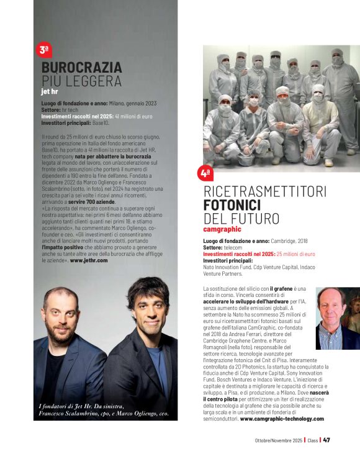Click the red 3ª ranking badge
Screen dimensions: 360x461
[44, 50]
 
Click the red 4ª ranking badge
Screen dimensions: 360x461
[205, 173]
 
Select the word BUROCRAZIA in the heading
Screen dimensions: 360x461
[81, 68]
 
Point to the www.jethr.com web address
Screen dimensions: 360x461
[89, 260]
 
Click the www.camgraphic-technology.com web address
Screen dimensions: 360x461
[282, 419]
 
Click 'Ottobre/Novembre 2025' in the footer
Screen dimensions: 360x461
[277, 440]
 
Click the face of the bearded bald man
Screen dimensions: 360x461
[61, 310]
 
